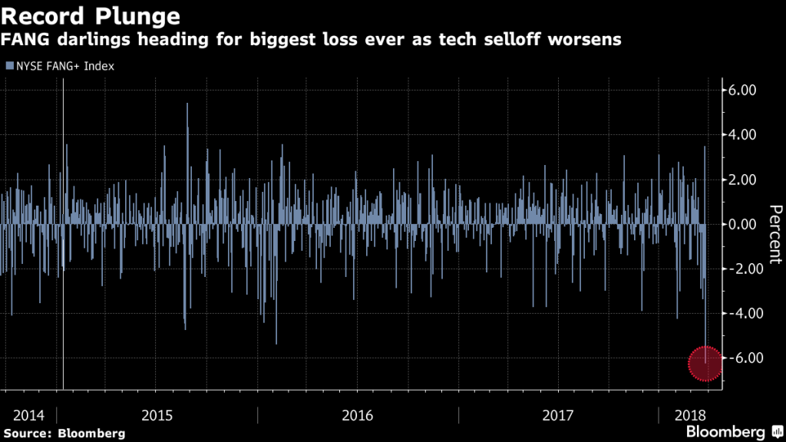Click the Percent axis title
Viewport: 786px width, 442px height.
point(774,234)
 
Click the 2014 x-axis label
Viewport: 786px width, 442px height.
point(28,415)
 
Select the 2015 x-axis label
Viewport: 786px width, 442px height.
point(157,415)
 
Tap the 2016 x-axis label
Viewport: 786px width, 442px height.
point(357,415)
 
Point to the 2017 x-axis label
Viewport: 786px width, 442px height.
point(557,415)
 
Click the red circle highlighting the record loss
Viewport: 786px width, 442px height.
point(705,363)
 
